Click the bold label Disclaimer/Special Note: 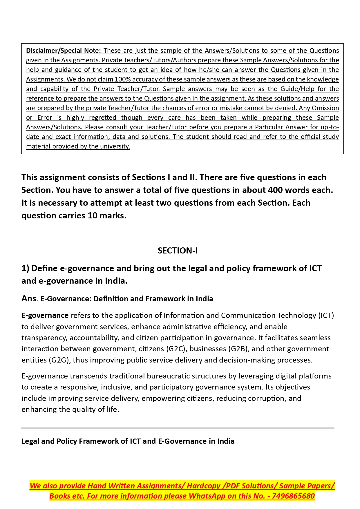coord(63,50)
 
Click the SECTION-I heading coord(178,251)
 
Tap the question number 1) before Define coord(25,268)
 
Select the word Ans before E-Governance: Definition coord(29,298)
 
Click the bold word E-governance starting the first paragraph coord(45,315)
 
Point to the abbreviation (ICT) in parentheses coord(326,315)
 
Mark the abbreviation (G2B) coord(239,349)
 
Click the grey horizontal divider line coord(178,428)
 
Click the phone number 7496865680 coord(293,496)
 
